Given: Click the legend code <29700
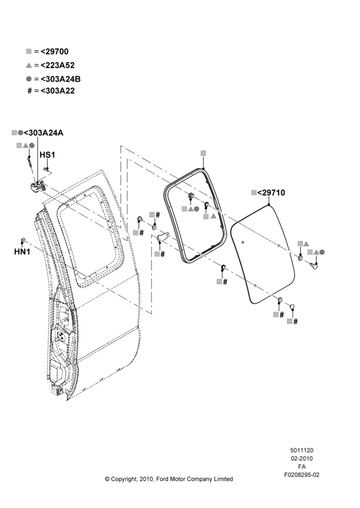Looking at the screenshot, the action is pos(54,51).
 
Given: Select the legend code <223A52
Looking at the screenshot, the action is pos(57,65).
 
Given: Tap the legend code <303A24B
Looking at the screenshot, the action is pos(61,79).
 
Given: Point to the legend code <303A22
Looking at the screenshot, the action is pos(57,91).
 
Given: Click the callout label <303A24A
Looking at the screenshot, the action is pos(43,133).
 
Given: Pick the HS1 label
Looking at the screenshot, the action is pos(47,155).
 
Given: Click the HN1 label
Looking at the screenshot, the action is pos(22,251).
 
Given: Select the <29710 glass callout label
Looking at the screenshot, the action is pos(271,193).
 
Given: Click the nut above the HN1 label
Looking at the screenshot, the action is pos(23,240).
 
